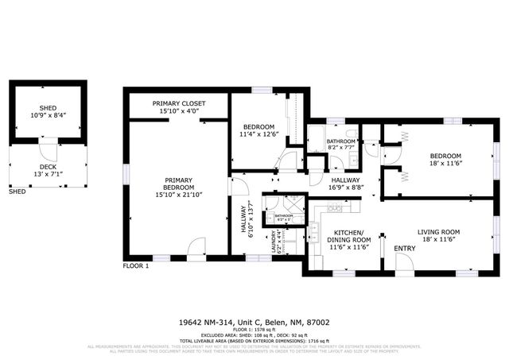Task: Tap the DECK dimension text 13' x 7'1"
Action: tap(49, 175)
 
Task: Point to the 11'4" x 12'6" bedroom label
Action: tap(259, 131)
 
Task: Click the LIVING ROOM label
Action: tap(439, 236)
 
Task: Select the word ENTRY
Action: tap(404, 249)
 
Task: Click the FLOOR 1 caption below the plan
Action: tap(135, 265)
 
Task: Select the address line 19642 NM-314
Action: tap(254, 322)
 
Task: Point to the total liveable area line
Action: tap(254, 339)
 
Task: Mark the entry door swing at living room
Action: tap(404, 263)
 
